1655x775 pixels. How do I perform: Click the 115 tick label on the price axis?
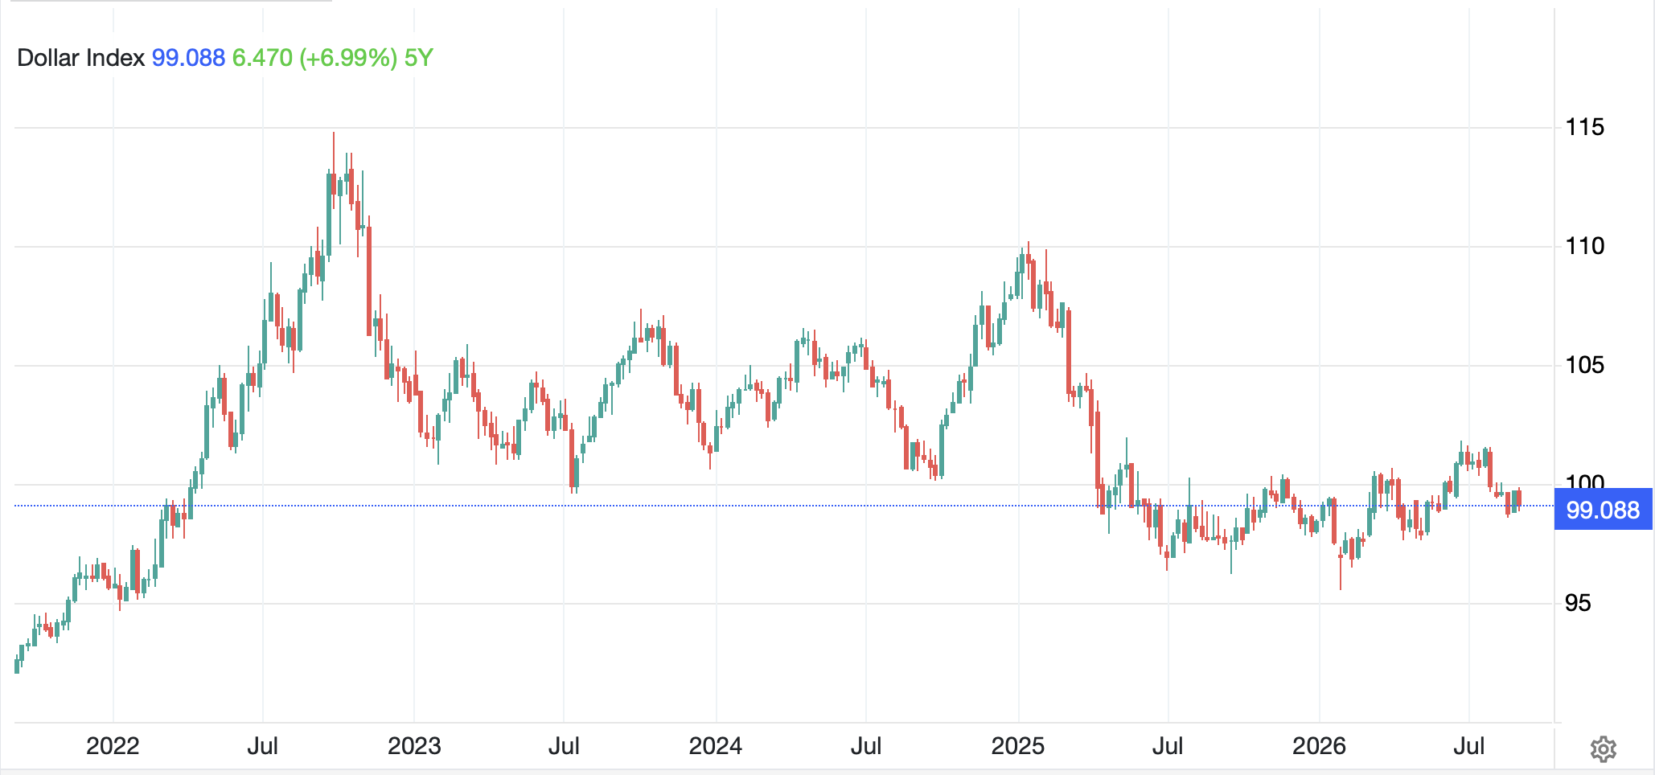tap(1584, 127)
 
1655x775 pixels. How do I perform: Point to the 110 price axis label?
tap(1584, 246)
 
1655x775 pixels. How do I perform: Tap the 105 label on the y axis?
tap(1584, 365)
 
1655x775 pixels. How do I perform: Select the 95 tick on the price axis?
tap(1578, 603)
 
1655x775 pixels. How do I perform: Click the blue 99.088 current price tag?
tap(1603, 511)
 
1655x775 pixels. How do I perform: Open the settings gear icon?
tap(1603, 748)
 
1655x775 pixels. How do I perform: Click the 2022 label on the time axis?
tap(113, 746)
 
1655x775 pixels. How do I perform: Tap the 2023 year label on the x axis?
tap(414, 746)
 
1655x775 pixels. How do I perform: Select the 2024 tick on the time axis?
tap(716, 746)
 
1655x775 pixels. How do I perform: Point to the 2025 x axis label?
tap(1018, 746)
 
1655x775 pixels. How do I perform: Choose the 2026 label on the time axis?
tap(1319, 746)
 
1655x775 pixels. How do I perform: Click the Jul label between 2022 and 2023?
tap(263, 746)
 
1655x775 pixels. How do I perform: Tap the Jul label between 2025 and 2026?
tap(1168, 746)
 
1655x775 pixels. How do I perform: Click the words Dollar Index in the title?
tap(80, 58)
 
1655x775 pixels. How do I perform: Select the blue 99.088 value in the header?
tap(188, 58)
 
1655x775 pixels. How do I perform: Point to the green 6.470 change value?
tap(262, 58)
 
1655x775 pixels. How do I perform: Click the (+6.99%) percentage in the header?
tap(348, 58)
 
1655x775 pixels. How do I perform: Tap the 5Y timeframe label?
tap(418, 58)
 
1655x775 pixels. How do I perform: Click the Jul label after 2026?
tap(1469, 746)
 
